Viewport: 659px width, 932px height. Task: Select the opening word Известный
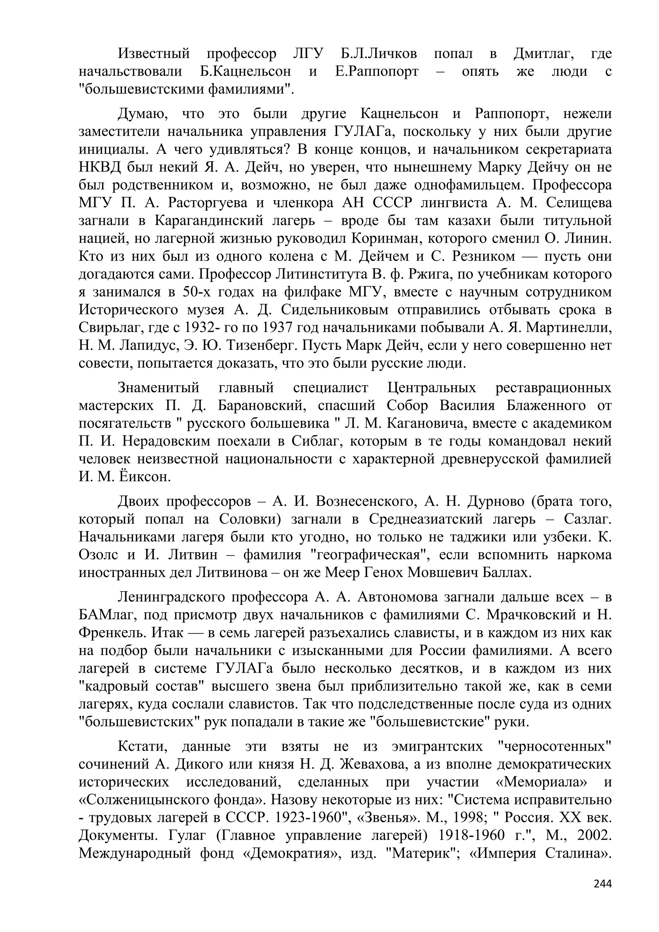tap(154, 53)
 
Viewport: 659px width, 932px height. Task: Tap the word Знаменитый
tap(158, 388)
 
